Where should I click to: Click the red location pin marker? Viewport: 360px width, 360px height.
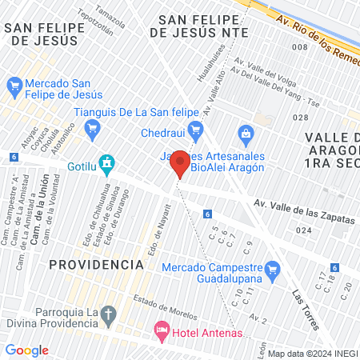point(181,163)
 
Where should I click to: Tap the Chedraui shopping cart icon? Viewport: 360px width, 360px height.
point(194,130)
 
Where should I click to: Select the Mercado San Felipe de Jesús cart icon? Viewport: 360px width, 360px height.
point(14,84)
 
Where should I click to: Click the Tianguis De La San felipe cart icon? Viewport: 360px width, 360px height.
point(94,126)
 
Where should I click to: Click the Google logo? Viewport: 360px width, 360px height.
point(26,350)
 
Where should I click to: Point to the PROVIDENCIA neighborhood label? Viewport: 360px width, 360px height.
point(95,264)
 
